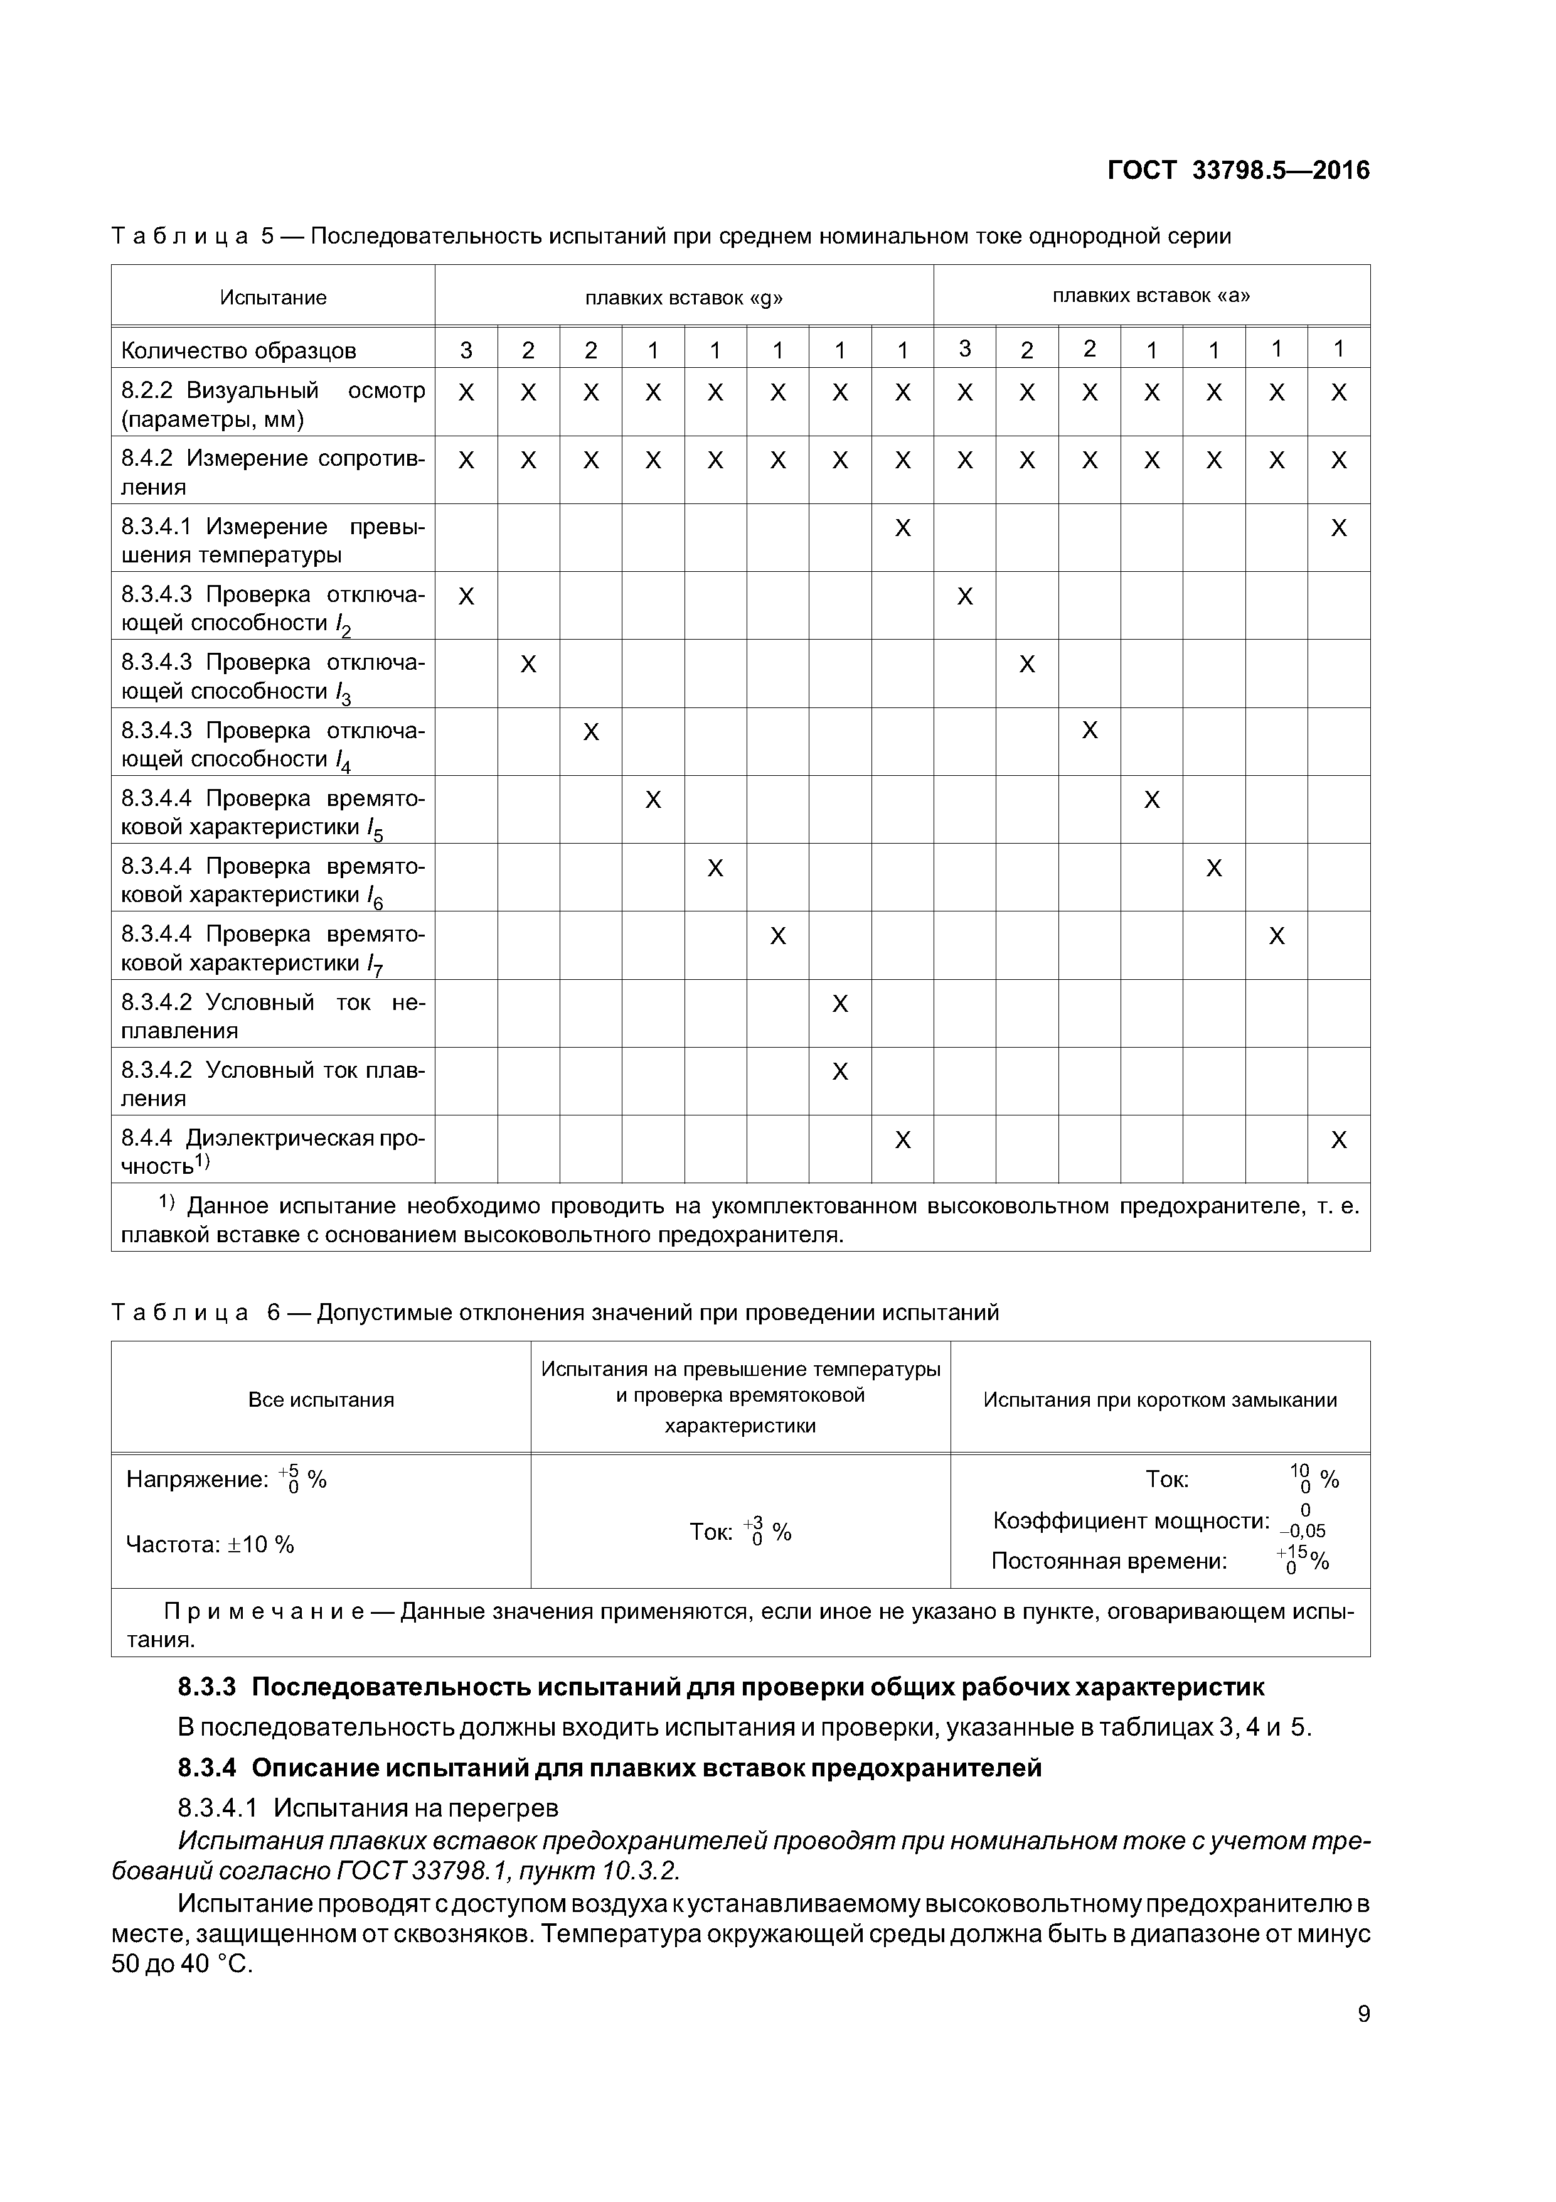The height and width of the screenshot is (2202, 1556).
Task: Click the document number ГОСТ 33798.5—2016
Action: [1238, 171]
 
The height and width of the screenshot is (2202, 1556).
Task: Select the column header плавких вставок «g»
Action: [683, 298]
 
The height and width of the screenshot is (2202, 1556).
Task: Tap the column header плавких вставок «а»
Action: [1151, 296]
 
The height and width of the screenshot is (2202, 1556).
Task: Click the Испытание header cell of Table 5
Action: [273, 298]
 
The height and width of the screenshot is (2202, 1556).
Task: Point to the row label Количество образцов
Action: [238, 351]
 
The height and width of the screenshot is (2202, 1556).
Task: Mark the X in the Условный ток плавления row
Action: [840, 1071]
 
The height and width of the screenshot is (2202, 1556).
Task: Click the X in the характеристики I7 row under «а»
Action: [1276, 936]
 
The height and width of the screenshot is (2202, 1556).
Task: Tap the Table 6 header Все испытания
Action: [321, 1400]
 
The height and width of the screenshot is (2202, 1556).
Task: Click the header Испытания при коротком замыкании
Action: [1160, 1400]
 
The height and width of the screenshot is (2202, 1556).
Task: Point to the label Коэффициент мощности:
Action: [1131, 1521]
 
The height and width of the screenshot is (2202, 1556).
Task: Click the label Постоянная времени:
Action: [1109, 1561]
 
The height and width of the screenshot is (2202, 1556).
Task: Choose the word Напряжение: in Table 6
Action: [196, 1480]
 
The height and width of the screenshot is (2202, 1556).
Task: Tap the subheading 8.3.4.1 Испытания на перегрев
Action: [368, 1808]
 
